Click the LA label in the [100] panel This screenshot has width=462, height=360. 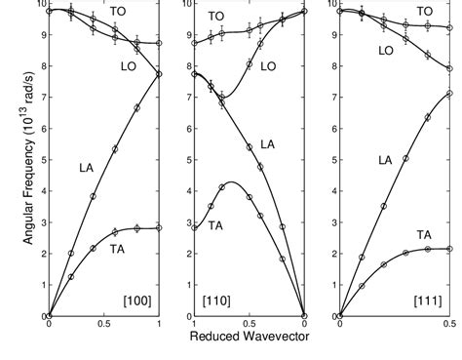[87, 168]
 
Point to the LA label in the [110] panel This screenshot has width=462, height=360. [267, 144]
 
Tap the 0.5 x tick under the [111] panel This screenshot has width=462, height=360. [449, 325]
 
